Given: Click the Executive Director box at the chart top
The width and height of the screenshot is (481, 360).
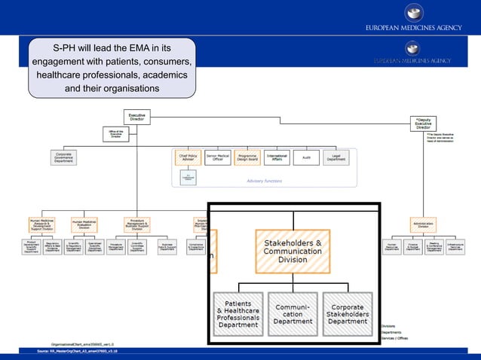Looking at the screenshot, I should pyautogui.click(x=137, y=117).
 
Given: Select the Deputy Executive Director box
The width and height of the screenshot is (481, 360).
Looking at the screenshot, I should pyautogui.click(x=424, y=124).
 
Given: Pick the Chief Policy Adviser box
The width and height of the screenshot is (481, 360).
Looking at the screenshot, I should pyautogui.click(x=187, y=157).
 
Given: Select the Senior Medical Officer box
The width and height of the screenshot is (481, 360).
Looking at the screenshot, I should pyautogui.click(x=217, y=157).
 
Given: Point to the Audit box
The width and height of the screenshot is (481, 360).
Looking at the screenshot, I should pyautogui.click(x=306, y=157).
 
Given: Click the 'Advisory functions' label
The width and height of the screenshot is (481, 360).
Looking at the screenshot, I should pyautogui.click(x=264, y=181).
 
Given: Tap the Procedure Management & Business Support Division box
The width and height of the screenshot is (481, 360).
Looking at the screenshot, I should pyautogui.click(x=137, y=224).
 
